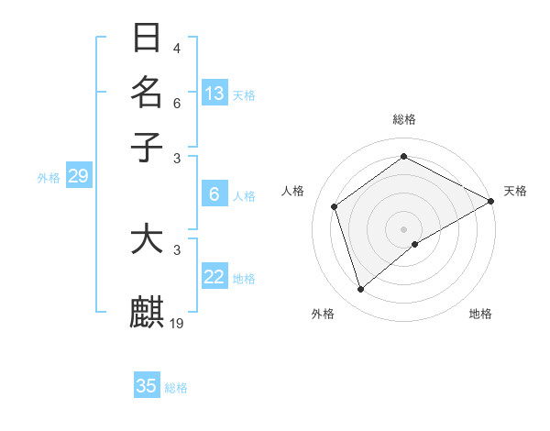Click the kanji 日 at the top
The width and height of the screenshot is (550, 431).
coord(147,39)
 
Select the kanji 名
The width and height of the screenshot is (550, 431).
coord(147,93)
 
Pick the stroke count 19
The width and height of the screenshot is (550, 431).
coord(178,323)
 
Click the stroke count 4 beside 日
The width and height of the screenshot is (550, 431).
coord(177,49)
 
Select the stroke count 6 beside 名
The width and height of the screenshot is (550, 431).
coord(177,103)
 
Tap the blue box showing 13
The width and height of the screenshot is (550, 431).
coord(214,93)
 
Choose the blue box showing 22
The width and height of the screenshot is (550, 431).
coord(214,277)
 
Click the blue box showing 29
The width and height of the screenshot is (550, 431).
coord(78,176)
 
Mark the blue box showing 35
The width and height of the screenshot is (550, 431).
coord(147,386)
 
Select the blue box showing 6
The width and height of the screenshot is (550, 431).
coord(214,193)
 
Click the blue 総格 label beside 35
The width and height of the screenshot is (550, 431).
coord(176,388)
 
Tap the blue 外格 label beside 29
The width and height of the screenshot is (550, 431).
coord(49,178)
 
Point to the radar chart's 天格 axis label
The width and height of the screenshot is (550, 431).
coord(515,191)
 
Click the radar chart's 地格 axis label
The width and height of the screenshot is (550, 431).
coord(480,314)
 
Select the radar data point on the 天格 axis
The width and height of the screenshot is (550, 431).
coord(492,201)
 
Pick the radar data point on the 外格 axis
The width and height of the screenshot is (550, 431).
coord(360,290)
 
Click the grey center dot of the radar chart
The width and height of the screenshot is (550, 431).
coord(404,228)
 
